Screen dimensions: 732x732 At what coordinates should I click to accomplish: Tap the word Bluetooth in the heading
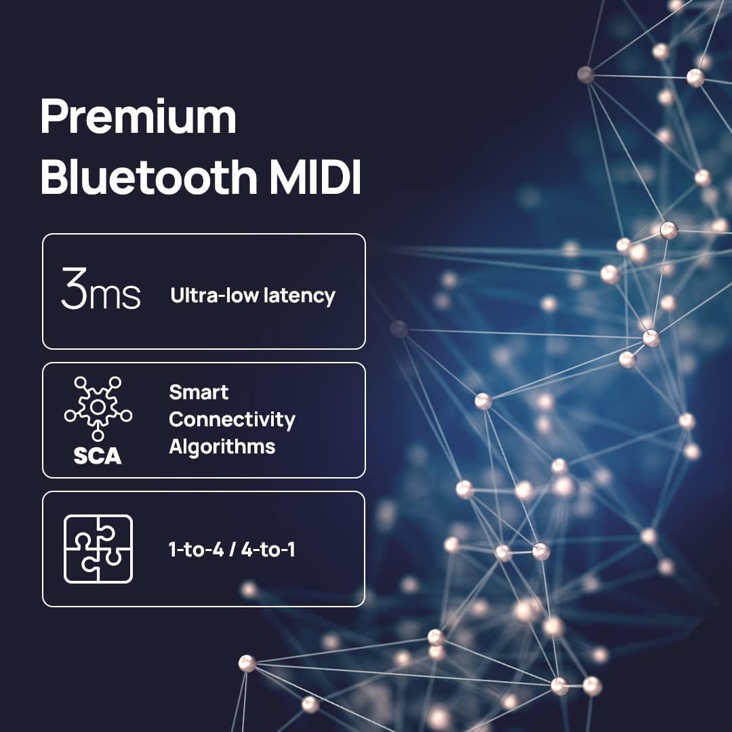pyautogui.click(x=148, y=178)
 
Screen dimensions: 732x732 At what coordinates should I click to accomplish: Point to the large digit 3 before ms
pyautogui.click(x=73, y=289)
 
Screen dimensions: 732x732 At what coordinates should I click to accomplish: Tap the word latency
pyautogui.click(x=301, y=296)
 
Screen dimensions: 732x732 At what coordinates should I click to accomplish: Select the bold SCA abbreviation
pyautogui.click(x=98, y=455)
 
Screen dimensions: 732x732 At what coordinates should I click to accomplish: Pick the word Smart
pyautogui.click(x=199, y=392)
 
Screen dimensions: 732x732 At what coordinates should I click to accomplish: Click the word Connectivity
pyautogui.click(x=232, y=420)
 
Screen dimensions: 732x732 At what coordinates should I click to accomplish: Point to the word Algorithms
pyautogui.click(x=222, y=447)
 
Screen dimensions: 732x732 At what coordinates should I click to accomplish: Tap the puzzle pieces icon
pyautogui.click(x=98, y=549)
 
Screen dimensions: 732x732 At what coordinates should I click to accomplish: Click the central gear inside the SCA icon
pyautogui.click(x=98, y=407)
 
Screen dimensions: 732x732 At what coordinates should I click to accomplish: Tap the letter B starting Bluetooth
pyautogui.click(x=54, y=178)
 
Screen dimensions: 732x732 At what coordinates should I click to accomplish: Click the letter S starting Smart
pyautogui.click(x=175, y=392)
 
